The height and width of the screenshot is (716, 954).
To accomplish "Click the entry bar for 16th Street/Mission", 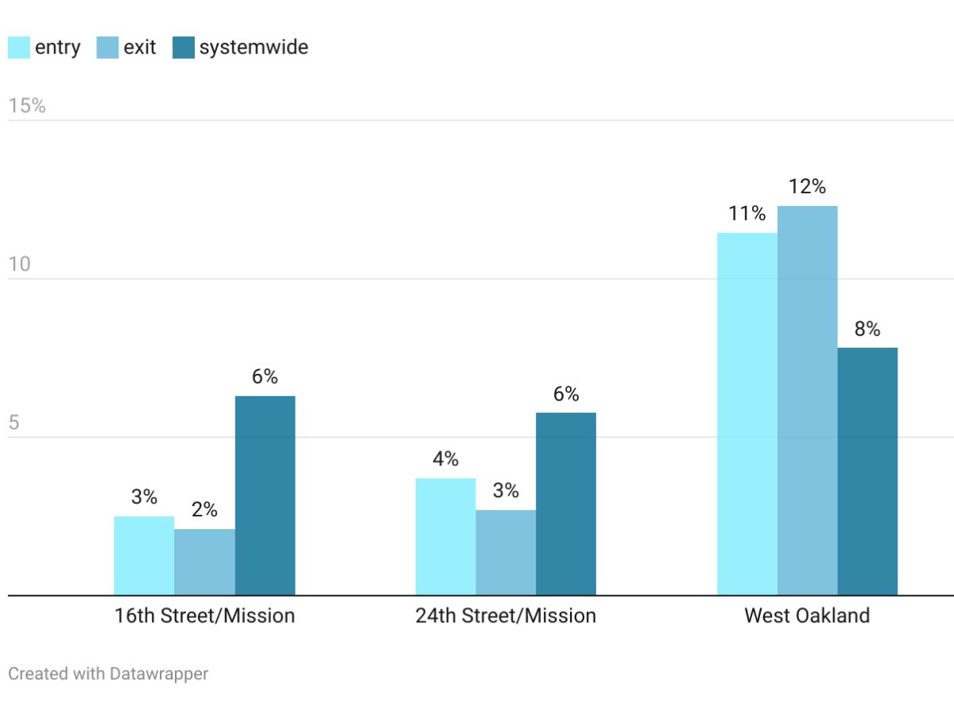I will pos(144,555).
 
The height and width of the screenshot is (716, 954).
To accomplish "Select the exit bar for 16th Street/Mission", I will pos(204,562).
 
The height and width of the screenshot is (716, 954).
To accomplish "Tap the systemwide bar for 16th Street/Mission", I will pos(265,495).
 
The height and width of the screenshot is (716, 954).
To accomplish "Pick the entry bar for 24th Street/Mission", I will pos(445,536).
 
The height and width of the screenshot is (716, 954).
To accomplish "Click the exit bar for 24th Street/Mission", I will pos(506,552).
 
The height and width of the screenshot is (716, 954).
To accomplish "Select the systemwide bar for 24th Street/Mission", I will pos(566,504).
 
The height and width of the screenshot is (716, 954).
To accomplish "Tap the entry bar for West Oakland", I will pos(747,414).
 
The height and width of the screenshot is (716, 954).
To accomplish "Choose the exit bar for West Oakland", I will pos(808,400).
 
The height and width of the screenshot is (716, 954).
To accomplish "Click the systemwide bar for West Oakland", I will pos(867,471).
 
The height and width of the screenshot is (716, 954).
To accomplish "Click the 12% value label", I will pos(808,187).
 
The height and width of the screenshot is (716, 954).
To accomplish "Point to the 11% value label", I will pos(747,213).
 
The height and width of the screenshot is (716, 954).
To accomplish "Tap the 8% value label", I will pos(867,329).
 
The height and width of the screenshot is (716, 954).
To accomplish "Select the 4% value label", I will pos(445,459).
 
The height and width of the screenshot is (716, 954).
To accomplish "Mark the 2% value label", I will pos(204,510).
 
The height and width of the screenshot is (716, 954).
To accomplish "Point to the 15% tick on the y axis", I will pos(27,106).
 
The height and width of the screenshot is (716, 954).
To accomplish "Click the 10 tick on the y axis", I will pos(19,264).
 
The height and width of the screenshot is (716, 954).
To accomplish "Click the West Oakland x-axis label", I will pos(807,616).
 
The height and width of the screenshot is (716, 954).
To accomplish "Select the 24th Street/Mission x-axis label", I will pos(506,616).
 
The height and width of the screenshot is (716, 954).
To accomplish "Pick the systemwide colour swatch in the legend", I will pos(184,48).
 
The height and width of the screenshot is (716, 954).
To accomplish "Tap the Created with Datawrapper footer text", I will pos(108,674).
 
